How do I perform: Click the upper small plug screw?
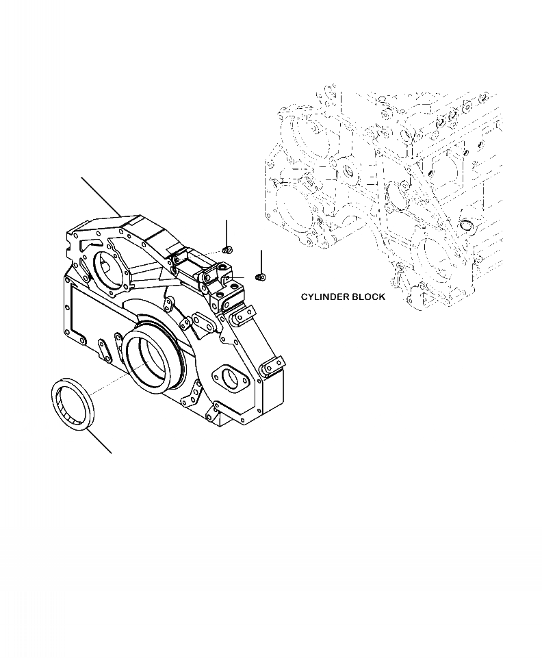[228, 251]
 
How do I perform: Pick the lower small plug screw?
[260, 277]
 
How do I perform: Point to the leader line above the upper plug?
[227, 233]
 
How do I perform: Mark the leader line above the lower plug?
[261, 262]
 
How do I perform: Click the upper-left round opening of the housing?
[107, 271]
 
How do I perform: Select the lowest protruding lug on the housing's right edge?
[274, 366]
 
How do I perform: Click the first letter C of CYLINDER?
[304, 297]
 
